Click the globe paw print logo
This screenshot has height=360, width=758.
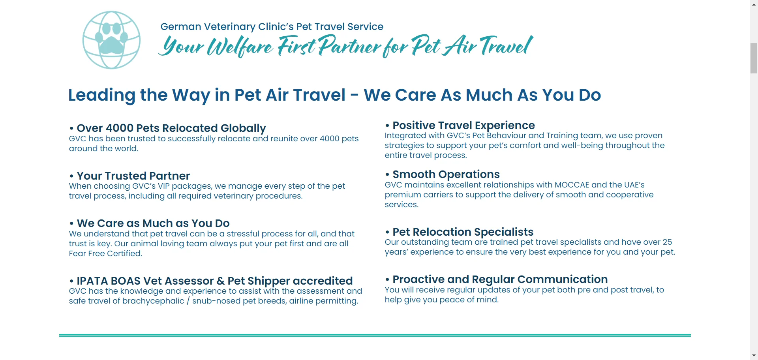[111, 40]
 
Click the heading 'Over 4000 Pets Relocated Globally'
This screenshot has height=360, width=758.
[171, 128]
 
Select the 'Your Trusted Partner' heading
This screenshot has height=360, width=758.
[133, 176]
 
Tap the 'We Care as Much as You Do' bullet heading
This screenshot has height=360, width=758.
[153, 223]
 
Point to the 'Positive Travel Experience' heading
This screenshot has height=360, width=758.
[463, 126]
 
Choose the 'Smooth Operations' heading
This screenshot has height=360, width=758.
[446, 174]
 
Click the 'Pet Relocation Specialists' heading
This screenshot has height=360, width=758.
[463, 232]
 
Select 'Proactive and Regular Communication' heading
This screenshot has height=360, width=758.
[500, 279]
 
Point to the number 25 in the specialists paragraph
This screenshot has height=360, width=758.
[667, 242]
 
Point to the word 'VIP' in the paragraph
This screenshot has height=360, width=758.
[163, 186]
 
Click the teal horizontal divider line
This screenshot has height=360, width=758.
[375, 336]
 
